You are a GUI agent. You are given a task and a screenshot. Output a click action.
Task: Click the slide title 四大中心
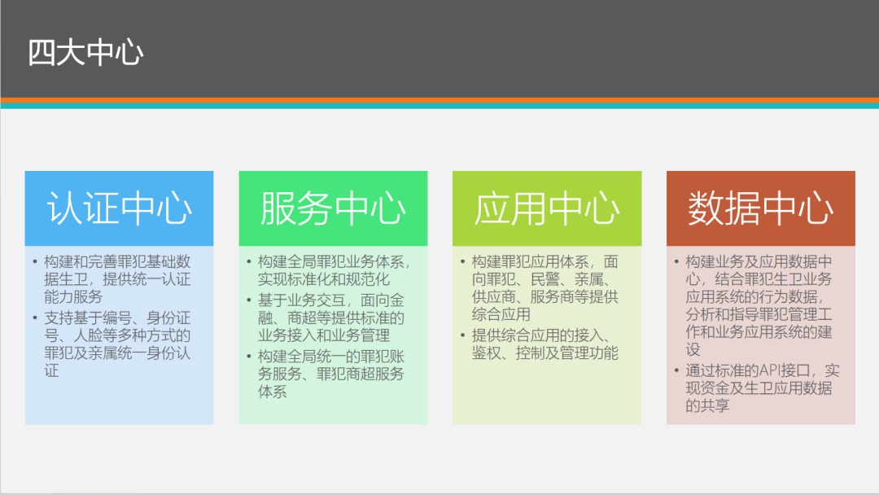[85, 53]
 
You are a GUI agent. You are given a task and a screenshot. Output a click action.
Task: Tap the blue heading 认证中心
[120, 208]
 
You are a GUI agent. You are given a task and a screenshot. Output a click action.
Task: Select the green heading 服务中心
[333, 208]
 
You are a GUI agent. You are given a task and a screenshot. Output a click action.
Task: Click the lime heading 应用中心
[547, 208]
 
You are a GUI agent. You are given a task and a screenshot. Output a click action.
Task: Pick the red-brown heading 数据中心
[761, 208]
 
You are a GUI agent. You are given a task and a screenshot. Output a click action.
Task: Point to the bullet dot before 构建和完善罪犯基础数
[35, 261]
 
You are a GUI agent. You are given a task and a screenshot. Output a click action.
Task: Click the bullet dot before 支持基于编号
[35, 318]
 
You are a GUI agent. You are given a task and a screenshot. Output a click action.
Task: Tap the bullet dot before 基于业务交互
[248, 300]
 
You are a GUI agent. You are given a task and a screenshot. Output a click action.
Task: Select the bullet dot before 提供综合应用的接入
[462, 335]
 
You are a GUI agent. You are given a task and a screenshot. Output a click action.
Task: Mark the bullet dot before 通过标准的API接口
[676, 370]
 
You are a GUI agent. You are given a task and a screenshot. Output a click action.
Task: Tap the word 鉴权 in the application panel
[486, 353]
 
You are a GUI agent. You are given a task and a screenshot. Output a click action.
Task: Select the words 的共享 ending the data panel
[707, 405]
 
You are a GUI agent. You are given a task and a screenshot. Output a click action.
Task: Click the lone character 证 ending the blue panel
[51, 370]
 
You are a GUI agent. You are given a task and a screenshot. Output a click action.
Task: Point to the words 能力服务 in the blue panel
[73, 296]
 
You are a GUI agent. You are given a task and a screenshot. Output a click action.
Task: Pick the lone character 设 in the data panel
[693, 349]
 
